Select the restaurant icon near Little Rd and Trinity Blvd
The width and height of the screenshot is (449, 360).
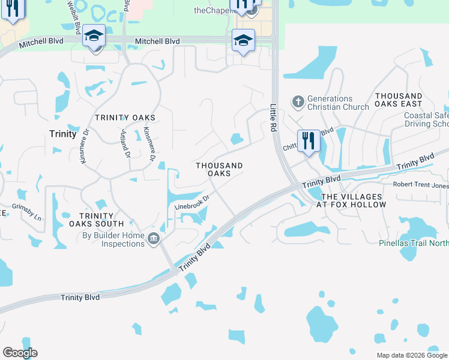(x=309, y=142)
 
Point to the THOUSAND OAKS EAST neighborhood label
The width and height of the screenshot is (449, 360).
(x=399, y=100)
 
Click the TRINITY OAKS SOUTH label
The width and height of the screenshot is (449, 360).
(x=96, y=220)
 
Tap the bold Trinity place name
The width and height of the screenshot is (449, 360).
(x=64, y=134)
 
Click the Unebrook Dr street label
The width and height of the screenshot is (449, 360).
(x=191, y=202)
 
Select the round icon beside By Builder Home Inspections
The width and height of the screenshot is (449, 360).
(x=154, y=240)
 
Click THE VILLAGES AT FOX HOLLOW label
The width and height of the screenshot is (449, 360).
(x=352, y=200)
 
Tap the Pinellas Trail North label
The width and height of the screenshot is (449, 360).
(x=414, y=244)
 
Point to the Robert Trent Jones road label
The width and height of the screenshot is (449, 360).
(x=420, y=185)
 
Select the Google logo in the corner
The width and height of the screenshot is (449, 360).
(x=20, y=353)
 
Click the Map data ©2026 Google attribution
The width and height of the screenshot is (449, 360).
(x=412, y=355)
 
